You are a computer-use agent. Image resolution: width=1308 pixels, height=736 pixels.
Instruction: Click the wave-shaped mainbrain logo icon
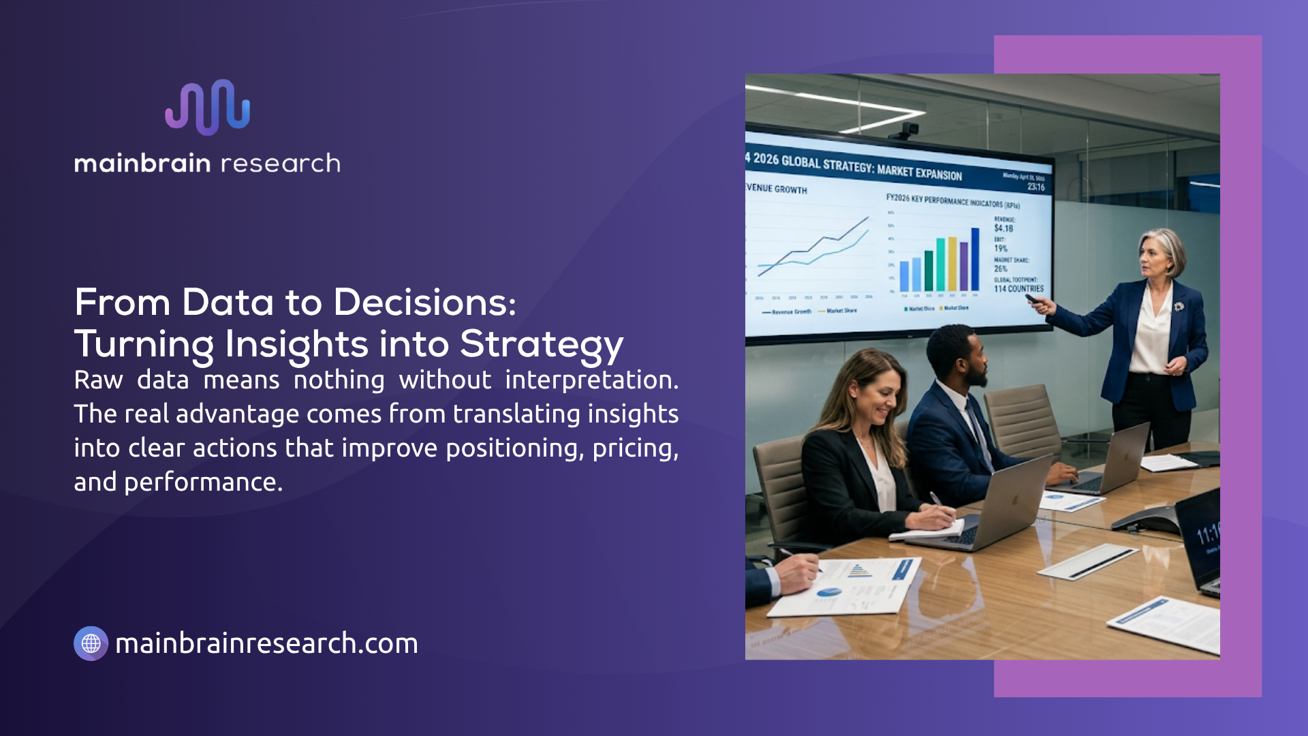pos(208,107)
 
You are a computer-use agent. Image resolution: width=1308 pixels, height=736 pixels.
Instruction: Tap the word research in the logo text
pos(280,164)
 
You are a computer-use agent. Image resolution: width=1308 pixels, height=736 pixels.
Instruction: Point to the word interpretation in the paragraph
pos(591,380)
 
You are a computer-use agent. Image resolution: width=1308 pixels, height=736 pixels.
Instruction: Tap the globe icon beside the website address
pos(91,643)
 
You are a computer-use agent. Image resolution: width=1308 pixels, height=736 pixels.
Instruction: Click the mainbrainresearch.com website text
pos(266,643)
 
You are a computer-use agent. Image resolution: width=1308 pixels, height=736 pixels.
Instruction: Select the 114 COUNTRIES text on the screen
pos(1018,289)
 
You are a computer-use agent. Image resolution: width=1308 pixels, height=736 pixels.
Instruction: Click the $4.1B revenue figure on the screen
pos(1003,228)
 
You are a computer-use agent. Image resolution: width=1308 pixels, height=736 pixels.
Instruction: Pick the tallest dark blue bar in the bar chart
pos(975,260)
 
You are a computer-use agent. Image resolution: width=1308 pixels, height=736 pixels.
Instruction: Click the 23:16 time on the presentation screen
pos(1035,187)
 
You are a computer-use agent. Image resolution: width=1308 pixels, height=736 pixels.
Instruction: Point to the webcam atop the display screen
pos(909,129)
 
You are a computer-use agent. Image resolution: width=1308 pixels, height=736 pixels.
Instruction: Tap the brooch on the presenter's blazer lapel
pos(1179,307)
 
